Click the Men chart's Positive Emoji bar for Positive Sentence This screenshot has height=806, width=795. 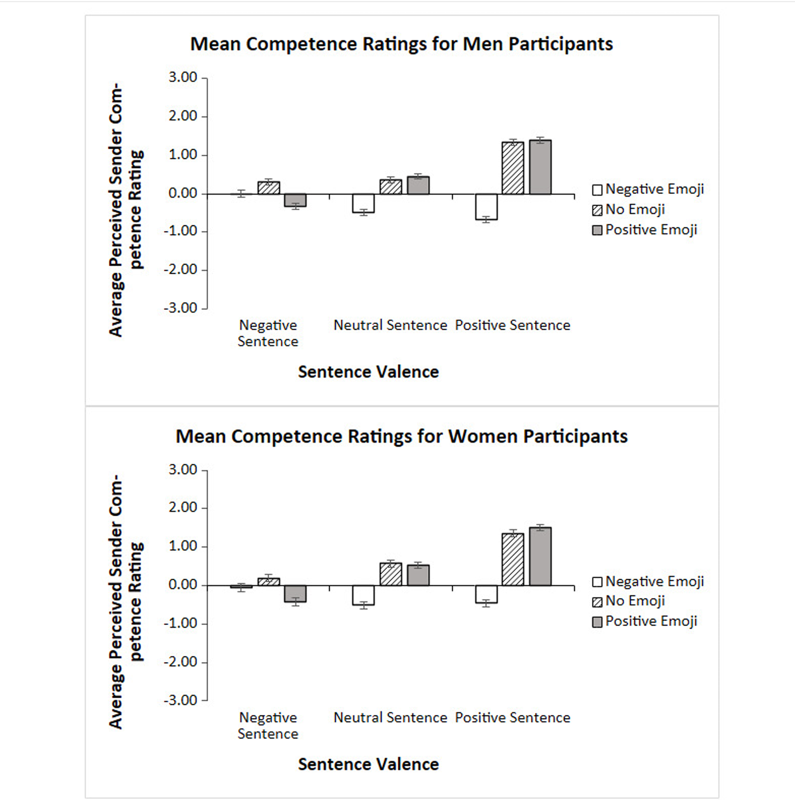[x=540, y=167]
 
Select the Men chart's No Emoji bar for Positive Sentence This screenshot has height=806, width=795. [x=513, y=168]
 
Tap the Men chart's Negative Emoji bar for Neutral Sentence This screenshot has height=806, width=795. [x=363, y=203]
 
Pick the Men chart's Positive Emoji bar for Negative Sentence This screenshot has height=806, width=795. [x=295, y=200]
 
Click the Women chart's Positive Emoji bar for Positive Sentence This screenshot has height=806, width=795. [x=540, y=557]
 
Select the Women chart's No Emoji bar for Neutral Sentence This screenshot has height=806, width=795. [x=391, y=574]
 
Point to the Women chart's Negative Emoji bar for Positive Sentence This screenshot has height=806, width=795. [x=486, y=594]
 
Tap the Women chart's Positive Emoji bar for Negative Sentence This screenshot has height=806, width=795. [x=295, y=593]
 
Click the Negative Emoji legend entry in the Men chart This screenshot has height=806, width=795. [x=648, y=189]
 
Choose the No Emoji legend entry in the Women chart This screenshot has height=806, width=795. [x=629, y=601]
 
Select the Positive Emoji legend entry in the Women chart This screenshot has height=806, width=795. [x=645, y=621]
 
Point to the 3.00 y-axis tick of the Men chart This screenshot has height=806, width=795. [x=183, y=78]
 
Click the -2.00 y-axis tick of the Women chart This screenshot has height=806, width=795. [x=181, y=662]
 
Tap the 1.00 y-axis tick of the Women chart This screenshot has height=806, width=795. [x=183, y=546]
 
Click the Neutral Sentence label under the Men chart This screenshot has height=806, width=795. [x=390, y=325]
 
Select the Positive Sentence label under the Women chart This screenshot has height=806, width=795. [x=513, y=718]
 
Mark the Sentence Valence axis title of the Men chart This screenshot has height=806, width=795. [x=368, y=372]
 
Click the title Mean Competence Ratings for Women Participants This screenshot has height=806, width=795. [x=402, y=436]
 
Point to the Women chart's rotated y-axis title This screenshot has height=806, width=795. [x=126, y=601]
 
